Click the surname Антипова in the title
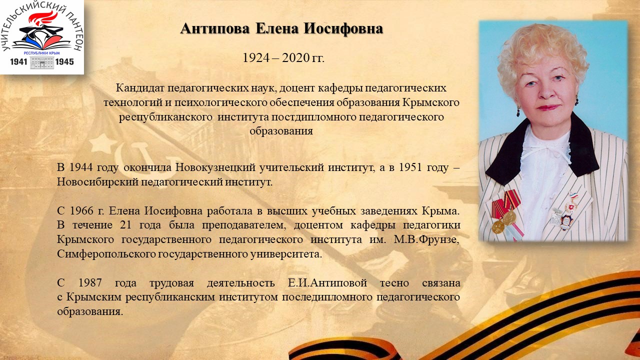point(215,29)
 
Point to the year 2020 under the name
point(295,57)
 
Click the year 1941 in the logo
point(18,61)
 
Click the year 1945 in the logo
point(64,61)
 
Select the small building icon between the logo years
point(41,62)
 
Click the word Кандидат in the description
point(140,87)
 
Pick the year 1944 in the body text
point(81,167)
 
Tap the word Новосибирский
point(97,181)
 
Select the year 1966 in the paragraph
point(81,211)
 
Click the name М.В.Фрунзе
point(426,239)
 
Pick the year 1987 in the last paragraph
point(90,283)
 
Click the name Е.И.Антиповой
point(327,283)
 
